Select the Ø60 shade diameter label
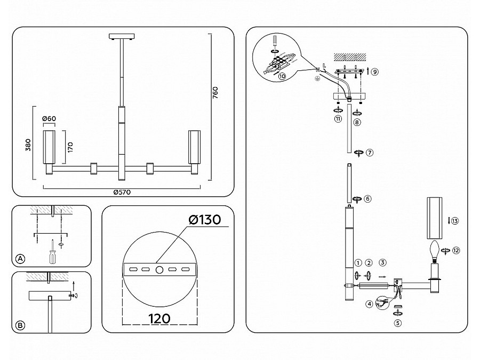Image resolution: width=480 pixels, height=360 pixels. [x=49, y=118]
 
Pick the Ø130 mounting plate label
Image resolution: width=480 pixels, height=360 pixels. [x=203, y=220]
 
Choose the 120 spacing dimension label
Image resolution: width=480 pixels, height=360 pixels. [x=158, y=319]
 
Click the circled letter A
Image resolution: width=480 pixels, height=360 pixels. [x=20, y=259]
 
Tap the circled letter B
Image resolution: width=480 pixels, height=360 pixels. [x=20, y=325]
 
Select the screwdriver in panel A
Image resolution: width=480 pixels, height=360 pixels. [x=52, y=252]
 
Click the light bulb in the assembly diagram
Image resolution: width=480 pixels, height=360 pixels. [x=435, y=249]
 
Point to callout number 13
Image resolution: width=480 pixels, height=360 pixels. [x=454, y=221]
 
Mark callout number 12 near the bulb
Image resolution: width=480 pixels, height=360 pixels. [x=456, y=250]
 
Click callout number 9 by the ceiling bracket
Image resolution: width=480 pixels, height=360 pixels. [x=375, y=71]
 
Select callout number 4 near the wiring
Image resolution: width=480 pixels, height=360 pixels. [x=369, y=305]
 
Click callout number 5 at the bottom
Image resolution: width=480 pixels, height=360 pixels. [x=397, y=322]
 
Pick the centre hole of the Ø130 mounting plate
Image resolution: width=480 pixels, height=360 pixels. [x=159, y=270]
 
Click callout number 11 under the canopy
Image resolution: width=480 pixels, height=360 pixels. [x=338, y=119]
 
